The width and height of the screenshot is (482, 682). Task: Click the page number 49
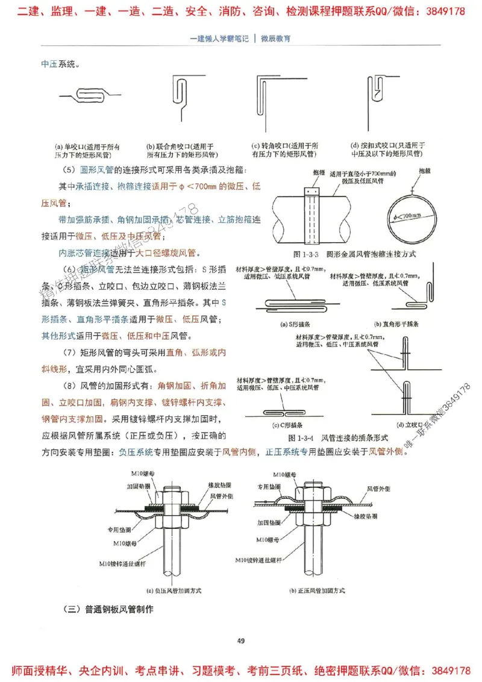240,640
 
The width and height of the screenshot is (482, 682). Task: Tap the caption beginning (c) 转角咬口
286,150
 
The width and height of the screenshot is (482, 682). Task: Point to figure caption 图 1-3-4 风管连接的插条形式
337,437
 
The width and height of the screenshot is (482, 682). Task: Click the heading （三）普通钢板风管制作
108,609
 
